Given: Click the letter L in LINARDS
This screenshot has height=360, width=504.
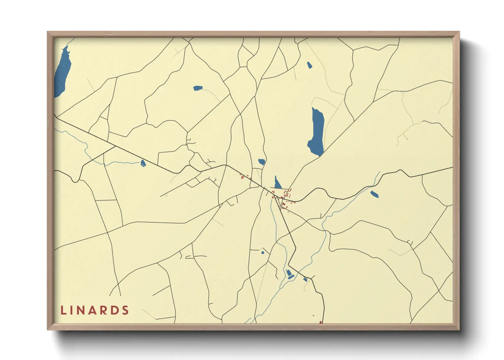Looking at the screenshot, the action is [x=63, y=310].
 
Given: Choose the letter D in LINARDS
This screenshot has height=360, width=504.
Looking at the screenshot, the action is [x=115, y=310].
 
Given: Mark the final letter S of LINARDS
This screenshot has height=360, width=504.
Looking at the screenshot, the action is [x=126, y=310].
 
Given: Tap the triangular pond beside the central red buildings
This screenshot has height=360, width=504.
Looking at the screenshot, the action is [x=278, y=184].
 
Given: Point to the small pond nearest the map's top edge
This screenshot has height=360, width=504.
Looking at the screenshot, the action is [x=309, y=65].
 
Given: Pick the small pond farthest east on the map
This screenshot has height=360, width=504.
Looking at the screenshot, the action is [x=374, y=194].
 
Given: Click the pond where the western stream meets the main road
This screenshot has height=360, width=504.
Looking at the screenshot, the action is [x=143, y=163].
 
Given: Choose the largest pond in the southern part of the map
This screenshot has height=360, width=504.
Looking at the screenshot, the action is [x=289, y=274].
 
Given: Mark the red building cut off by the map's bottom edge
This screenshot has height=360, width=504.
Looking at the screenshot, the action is [x=320, y=322].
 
